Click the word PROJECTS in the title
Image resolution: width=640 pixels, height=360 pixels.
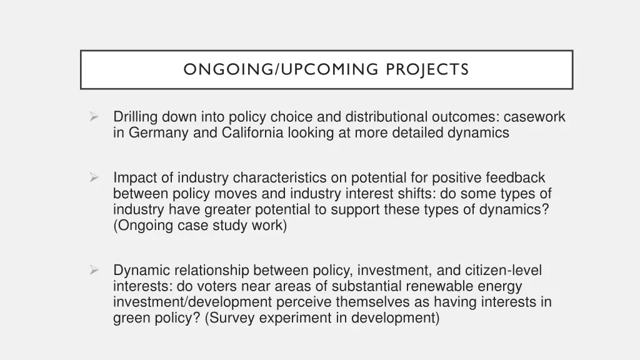point(427,69)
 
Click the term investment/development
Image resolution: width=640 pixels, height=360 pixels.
point(192,302)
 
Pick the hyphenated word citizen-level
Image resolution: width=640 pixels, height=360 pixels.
point(503,271)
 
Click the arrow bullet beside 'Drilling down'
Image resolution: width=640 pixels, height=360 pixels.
point(94,116)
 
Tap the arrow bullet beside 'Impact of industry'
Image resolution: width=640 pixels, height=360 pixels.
point(94,177)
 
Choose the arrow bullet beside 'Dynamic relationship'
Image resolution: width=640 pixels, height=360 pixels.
point(94,271)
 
